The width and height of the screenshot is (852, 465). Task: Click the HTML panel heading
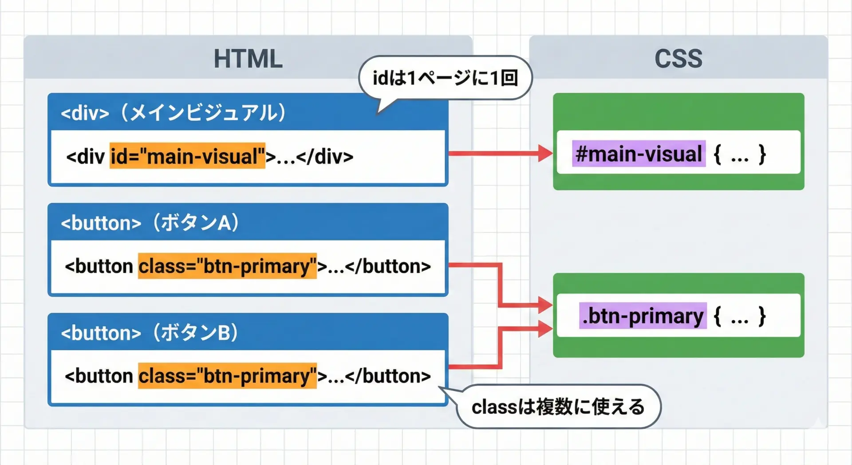248,59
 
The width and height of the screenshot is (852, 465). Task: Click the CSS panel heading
678,59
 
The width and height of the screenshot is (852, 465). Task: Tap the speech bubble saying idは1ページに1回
445,78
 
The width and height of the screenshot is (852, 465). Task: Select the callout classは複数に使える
558,406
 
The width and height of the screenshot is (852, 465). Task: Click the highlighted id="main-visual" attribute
187,156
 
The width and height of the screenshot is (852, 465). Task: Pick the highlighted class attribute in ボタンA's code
227,266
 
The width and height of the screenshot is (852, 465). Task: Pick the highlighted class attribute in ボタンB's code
227,376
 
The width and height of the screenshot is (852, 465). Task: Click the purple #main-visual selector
639,154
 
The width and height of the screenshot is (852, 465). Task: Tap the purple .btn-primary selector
643,316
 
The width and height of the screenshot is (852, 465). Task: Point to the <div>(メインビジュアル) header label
173,112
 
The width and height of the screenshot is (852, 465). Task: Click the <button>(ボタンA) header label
150,223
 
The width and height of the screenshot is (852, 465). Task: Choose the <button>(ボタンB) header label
150,333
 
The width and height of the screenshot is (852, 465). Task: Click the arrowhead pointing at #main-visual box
545,153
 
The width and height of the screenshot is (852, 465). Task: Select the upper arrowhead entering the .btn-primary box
545,305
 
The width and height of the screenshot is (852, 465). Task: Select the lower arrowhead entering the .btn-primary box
545,329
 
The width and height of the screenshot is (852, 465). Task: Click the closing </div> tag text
325,156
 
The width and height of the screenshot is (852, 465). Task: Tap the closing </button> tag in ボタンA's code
387,266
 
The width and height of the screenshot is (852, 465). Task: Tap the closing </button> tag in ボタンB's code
387,376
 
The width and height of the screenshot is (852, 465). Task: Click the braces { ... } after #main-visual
739,154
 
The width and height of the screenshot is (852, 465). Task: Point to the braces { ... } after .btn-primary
739,316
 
